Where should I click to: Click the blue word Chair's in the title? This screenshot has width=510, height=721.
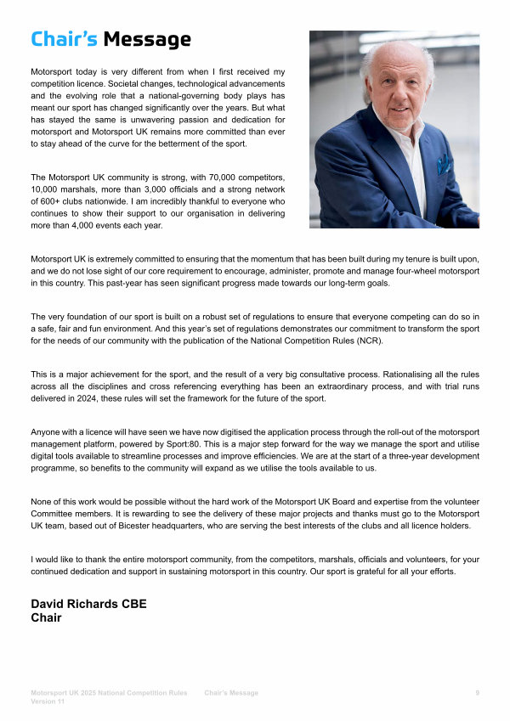64,39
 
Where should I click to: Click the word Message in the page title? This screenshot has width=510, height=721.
147,39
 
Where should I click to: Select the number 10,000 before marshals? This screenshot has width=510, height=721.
46,189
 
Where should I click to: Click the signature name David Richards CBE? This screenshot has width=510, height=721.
88,604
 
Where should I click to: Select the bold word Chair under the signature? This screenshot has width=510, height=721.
46,617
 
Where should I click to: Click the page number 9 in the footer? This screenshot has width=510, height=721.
477,693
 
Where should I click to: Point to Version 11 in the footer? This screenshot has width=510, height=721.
48,702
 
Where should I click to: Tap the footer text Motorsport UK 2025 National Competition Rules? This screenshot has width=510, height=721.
109,693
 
